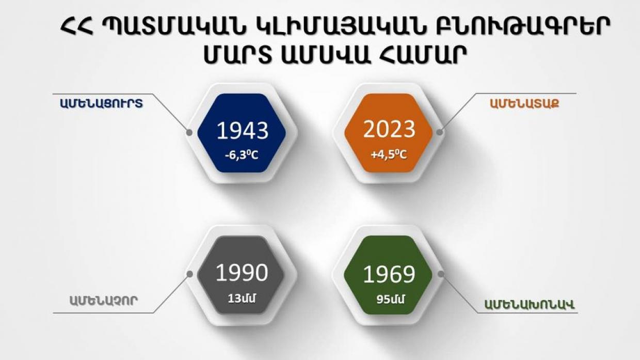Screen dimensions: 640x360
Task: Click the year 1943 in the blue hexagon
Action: pyautogui.click(x=243, y=131)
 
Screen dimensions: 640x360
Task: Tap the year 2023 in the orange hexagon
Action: pyautogui.click(x=389, y=129)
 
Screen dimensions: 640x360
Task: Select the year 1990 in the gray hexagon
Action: pyautogui.click(x=242, y=273)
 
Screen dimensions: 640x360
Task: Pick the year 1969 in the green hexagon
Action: pyautogui.click(x=389, y=274)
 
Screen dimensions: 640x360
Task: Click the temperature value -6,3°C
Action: pyautogui.click(x=242, y=155)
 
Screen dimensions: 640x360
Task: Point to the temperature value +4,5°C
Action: pyautogui.click(x=389, y=155)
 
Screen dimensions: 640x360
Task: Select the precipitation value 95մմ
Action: pyautogui.click(x=391, y=300)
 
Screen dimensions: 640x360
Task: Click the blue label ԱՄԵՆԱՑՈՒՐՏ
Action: pyautogui.click(x=102, y=103)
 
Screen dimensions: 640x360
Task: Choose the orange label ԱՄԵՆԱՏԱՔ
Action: pyautogui.click(x=524, y=103)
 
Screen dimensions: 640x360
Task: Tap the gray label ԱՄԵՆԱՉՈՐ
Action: pyautogui.click(x=104, y=301)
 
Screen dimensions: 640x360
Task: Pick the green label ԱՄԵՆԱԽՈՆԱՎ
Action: pyautogui.click(x=529, y=305)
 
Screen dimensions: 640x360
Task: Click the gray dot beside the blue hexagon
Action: pyautogui.click(x=189, y=132)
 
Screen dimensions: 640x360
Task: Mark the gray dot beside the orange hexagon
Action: pyautogui.click(x=440, y=132)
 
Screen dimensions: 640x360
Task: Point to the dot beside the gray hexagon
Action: pyautogui.click(x=190, y=274)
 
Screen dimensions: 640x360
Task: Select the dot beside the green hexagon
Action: pyautogui.click(x=441, y=274)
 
